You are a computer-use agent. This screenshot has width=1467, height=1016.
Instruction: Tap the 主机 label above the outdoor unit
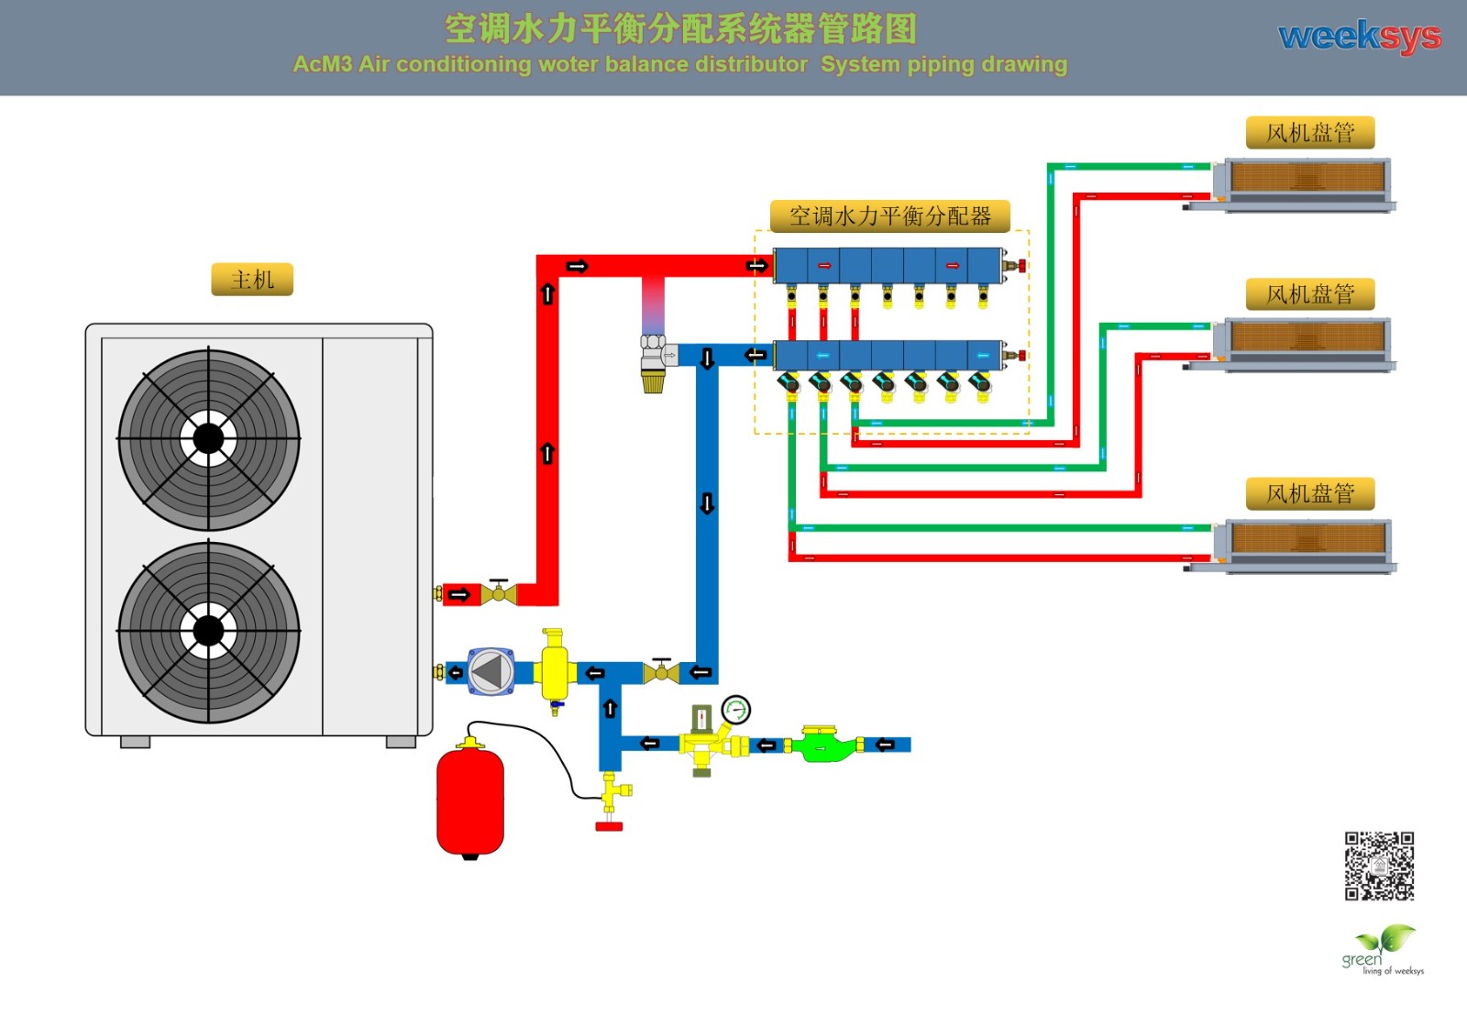(x=252, y=280)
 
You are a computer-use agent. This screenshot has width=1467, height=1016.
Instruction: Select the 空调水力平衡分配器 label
(x=889, y=216)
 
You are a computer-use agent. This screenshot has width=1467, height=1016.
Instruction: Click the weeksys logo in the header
(x=1359, y=37)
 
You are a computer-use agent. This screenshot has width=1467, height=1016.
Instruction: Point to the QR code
(x=1379, y=866)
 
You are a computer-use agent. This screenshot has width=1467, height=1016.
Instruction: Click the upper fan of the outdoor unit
(x=209, y=439)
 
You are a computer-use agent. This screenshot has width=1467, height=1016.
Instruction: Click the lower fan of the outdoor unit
(x=209, y=631)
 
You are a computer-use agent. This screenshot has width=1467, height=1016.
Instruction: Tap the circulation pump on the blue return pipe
(x=491, y=672)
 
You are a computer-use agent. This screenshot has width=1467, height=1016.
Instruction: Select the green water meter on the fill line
(x=825, y=745)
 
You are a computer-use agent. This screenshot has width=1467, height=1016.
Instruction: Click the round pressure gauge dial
(x=736, y=709)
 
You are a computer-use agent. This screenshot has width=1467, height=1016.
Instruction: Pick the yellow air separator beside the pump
(x=554, y=668)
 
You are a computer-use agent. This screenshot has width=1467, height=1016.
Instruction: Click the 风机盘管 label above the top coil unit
(x=1310, y=133)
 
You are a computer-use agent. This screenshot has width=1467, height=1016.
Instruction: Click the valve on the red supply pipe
(x=499, y=592)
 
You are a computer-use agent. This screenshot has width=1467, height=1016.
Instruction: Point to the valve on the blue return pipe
(x=661, y=673)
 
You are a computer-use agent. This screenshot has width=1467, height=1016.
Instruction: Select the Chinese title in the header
(x=680, y=28)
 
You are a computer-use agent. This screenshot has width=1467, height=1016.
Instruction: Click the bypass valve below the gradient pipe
(x=654, y=359)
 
